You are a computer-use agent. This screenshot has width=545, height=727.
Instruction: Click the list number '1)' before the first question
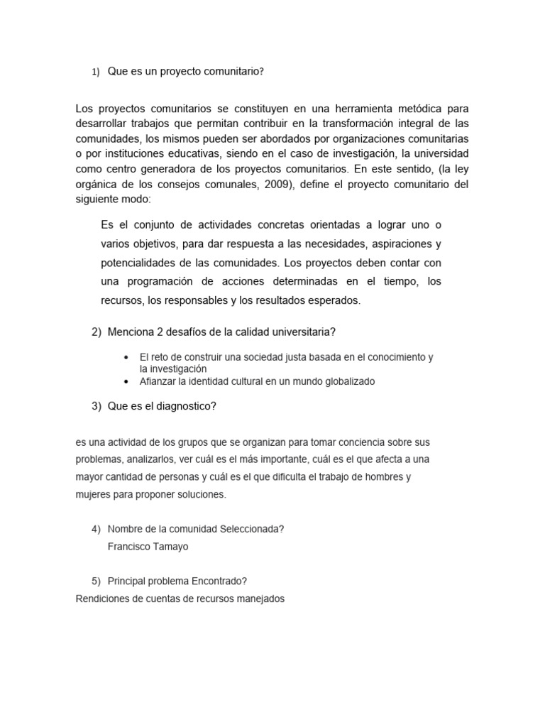(x=96, y=72)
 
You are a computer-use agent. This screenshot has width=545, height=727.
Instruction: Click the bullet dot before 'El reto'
(x=126, y=357)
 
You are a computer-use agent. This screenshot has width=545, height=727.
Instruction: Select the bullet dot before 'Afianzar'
(x=126, y=381)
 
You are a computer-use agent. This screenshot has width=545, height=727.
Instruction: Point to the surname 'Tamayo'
(x=172, y=546)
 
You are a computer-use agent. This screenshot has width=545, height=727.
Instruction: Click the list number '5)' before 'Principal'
(x=97, y=580)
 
